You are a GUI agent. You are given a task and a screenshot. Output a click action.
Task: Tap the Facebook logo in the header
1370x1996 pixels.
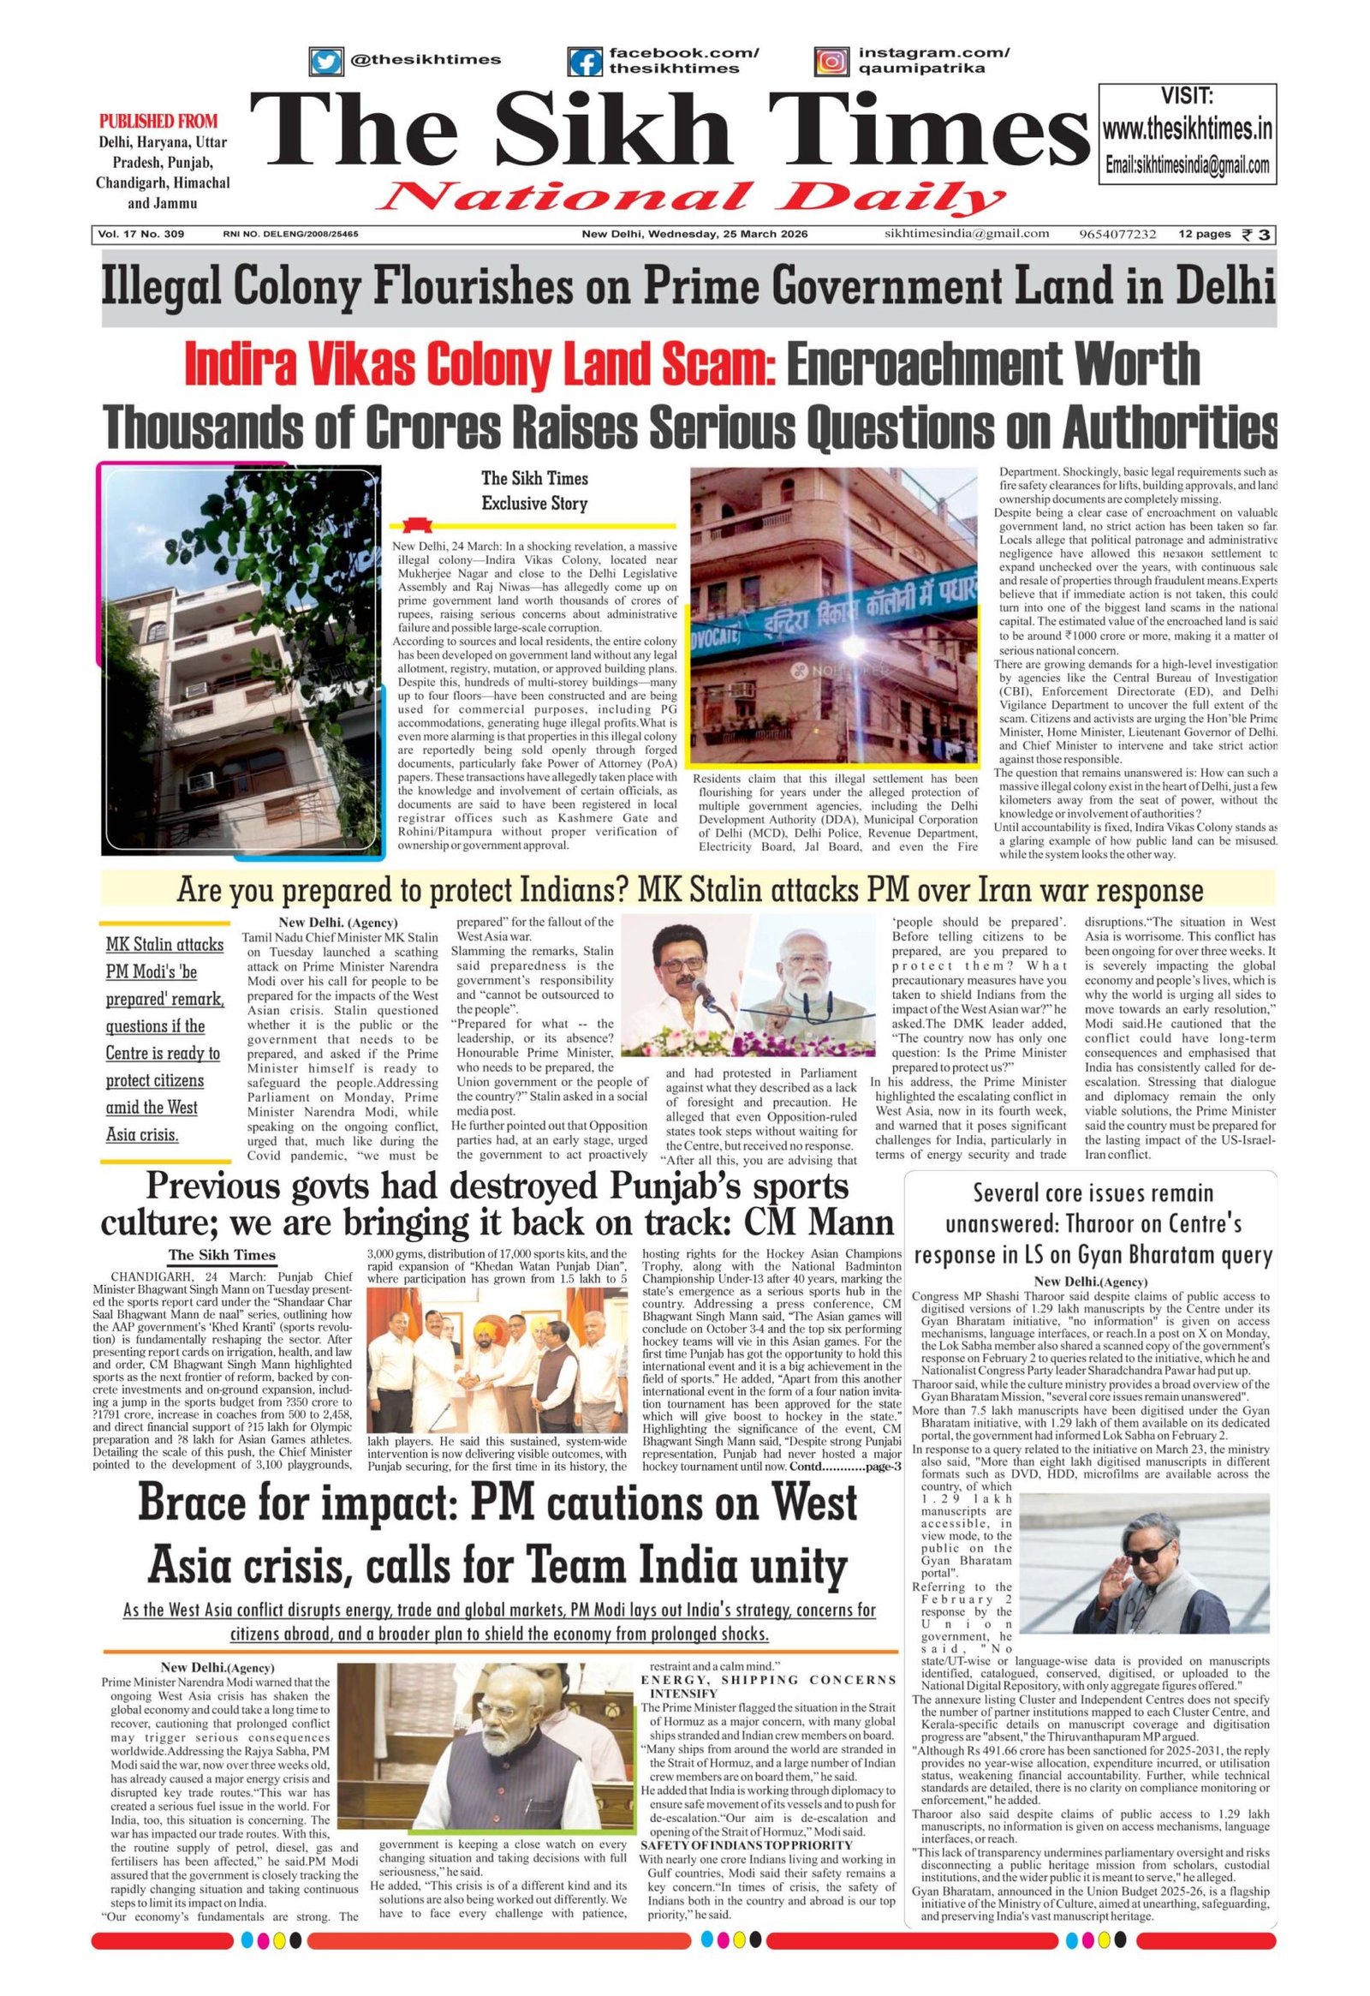click(587, 61)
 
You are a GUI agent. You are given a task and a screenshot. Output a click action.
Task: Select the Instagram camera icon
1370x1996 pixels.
click(831, 61)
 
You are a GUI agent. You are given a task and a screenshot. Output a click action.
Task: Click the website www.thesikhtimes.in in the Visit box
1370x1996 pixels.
click(1187, 130)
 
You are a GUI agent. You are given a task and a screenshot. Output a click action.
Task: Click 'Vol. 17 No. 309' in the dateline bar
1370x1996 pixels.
click(142, 235)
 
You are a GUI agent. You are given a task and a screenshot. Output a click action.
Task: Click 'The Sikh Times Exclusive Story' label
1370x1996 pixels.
click(534, 489)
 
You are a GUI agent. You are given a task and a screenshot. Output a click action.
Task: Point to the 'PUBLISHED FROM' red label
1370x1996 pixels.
click(158, 121)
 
